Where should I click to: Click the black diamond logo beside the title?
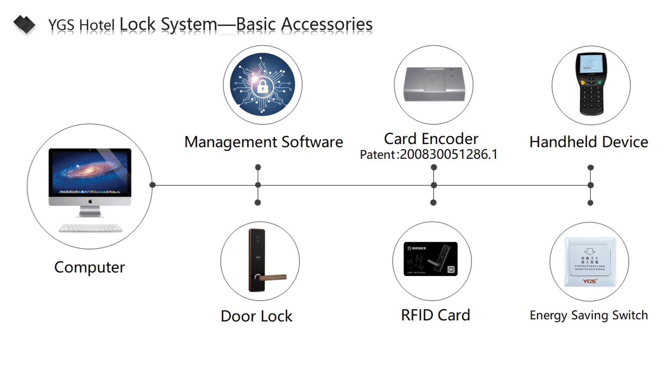24,24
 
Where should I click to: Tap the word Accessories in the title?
327,24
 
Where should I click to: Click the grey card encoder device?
434,84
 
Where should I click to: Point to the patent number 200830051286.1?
448,154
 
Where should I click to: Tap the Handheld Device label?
589,142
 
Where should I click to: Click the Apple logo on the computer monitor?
90,201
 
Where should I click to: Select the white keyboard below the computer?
90,228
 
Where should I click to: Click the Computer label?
89,267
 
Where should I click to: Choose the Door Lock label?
256,316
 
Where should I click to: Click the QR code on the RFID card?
451,270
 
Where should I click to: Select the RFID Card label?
435,315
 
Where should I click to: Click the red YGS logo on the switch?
590,281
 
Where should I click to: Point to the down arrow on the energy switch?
590,251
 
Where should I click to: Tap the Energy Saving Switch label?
589,315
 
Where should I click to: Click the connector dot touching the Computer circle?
152,185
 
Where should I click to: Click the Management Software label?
263,142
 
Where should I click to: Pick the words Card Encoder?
431,139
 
